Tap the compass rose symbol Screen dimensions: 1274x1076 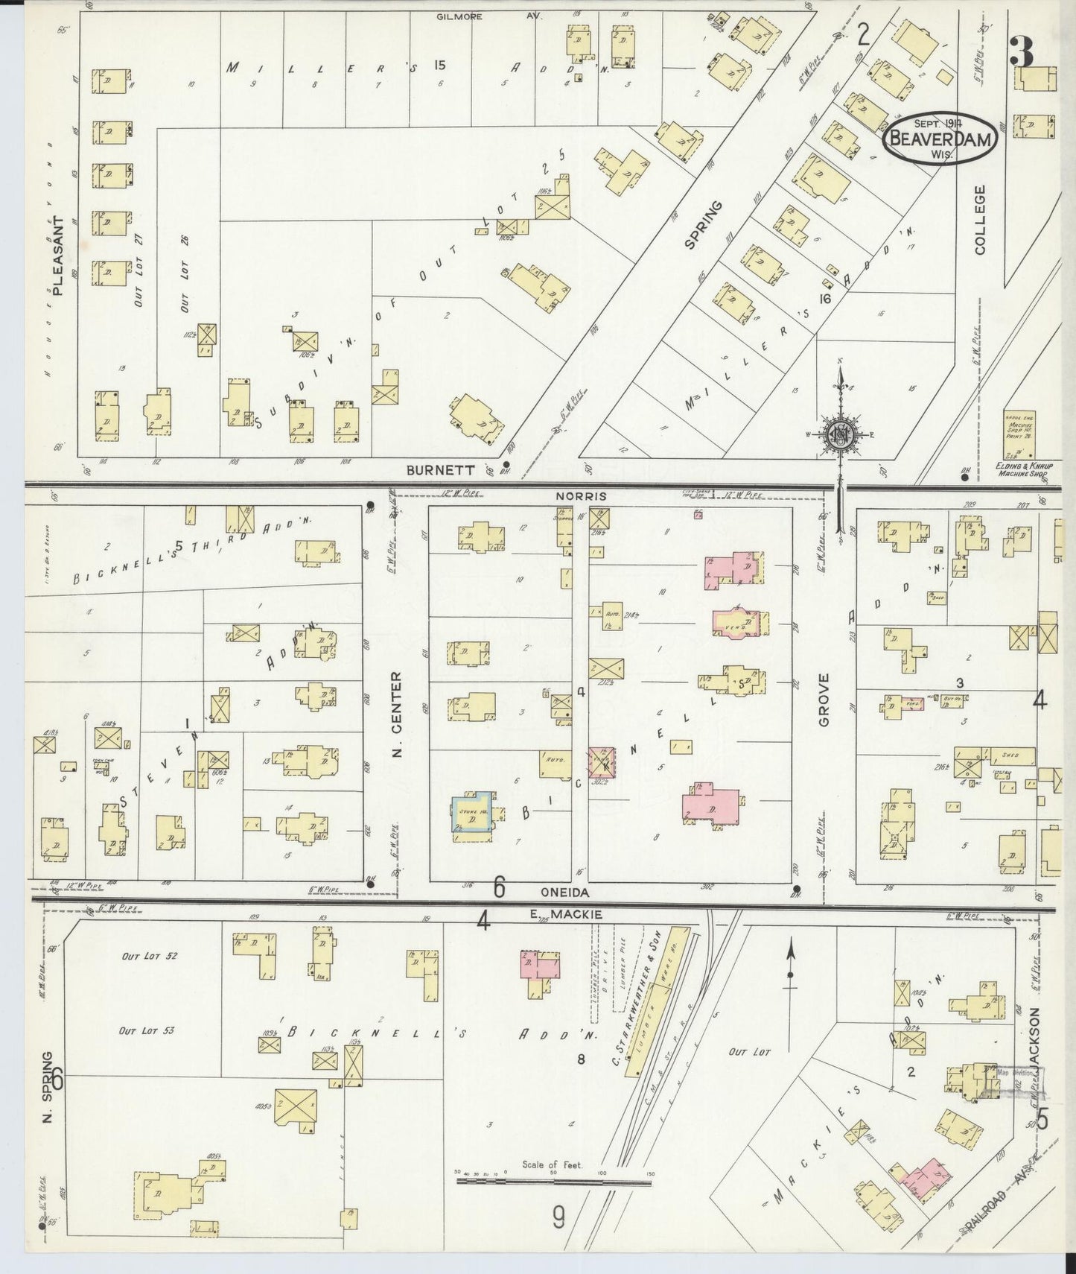pos(840,434)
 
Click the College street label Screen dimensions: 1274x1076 pos(978,220)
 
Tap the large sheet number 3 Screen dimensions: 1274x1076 pos(1022,52)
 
